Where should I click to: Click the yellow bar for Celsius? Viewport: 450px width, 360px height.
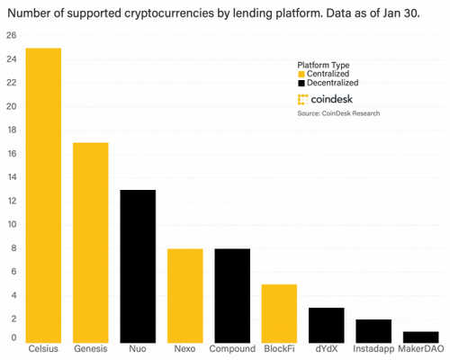coord(43,194)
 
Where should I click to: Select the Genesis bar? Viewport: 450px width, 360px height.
coord(91,242)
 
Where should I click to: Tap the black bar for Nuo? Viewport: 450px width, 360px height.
coord(138,265)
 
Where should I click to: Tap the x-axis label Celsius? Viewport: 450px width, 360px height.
coord(43,349)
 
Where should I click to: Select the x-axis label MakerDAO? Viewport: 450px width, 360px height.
coord(421,349)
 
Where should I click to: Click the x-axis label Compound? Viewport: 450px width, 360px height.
coord(232,349)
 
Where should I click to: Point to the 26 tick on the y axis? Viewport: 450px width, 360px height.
coord(11,35)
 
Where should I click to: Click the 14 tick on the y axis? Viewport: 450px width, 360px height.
coord(11,177)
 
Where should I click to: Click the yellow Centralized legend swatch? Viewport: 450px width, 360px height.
coord(301,74)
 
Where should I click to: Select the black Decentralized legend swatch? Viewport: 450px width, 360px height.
coord(301,82)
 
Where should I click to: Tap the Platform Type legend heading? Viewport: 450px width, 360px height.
coord(325,65)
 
